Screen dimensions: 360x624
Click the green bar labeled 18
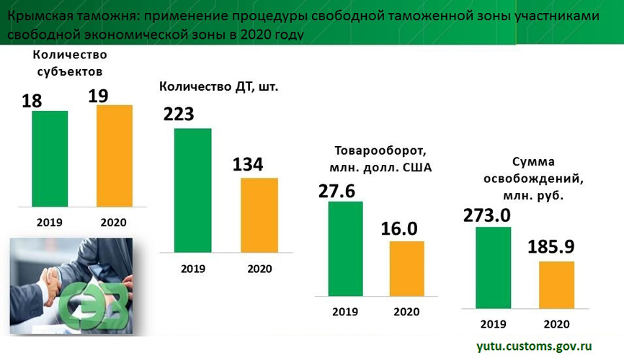49,158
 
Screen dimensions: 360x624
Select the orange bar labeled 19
114,156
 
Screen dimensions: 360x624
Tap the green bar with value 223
192,190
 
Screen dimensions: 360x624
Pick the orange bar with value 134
259,215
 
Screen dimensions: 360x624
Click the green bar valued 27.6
345,248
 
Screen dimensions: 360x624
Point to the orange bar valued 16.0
406,268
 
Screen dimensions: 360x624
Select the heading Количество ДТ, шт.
218,86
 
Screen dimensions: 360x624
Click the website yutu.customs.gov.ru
534,346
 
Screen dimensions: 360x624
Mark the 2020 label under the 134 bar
259,269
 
